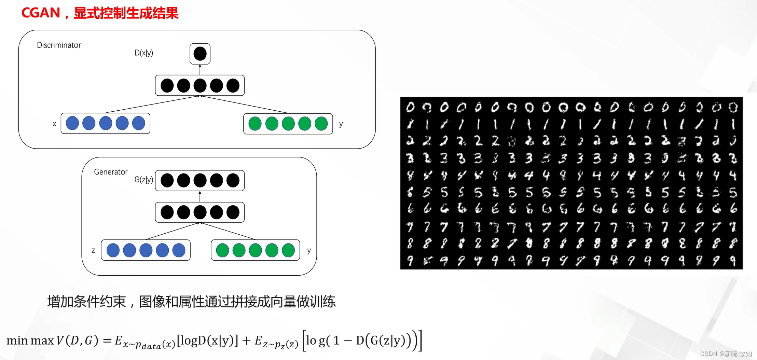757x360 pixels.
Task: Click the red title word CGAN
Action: tap(40, 13)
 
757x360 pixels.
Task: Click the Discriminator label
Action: tap(59, 45)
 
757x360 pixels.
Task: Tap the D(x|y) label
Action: tap(143, 53)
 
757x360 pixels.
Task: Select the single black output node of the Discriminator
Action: tap(200, 54)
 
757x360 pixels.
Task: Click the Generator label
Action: tap(111, 172)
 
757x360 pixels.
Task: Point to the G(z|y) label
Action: tap(143, 180)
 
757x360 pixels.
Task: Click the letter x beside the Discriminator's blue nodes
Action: tap(54, 124)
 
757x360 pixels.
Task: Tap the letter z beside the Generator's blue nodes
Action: tap(93, 250)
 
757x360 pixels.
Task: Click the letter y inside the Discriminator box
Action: tap(341, 124)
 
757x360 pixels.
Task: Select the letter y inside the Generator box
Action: tap(309, 250)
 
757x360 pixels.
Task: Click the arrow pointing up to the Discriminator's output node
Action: tap(200, 70)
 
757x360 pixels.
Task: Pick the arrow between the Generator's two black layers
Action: tap(200, 196)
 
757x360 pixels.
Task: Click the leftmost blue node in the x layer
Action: tap(72, 123)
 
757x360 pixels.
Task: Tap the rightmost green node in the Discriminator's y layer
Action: tap(321, 124)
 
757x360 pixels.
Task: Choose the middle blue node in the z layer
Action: tap(146, 250)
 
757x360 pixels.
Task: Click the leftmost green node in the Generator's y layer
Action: tap(223, 250)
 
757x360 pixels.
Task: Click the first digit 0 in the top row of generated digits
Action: tap(410, 108)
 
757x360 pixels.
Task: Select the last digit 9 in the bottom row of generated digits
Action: tap(732, 261)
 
